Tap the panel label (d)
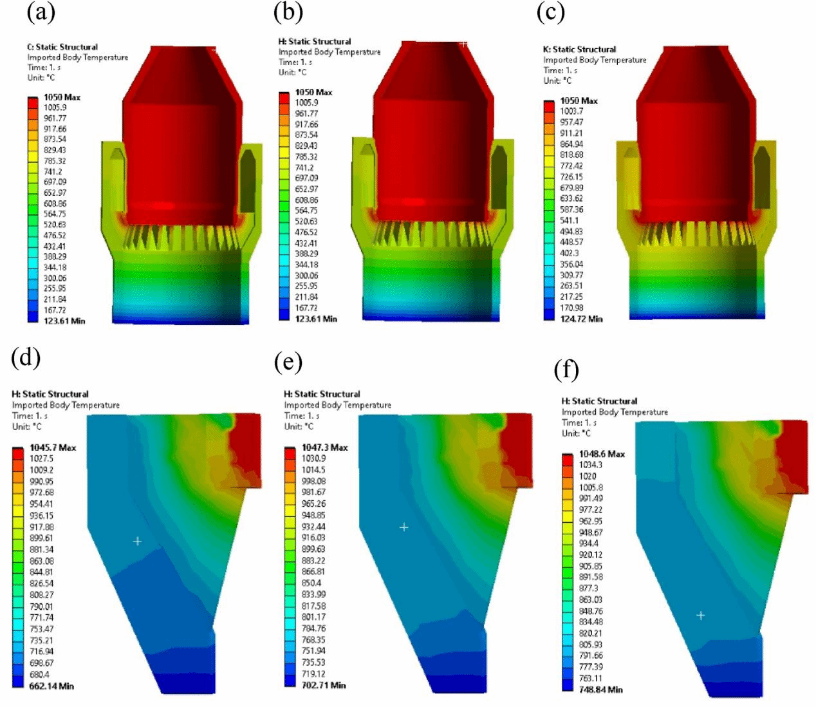click(26, 357)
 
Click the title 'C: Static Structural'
click(62, 47)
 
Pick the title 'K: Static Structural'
click(579, 49)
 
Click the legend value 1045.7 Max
click(53, 448)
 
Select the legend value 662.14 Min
click(51, 686)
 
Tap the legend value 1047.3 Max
click(324, 448)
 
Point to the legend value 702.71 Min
click(324, 685)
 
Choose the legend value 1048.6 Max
click(602, 454)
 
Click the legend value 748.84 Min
click(601, 690)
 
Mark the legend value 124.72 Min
click(581, 319)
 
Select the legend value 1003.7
click(571, 111)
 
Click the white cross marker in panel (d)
click(137, 541)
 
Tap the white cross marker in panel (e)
click(404, 527)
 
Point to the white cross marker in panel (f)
click(701, 616)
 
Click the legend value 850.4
click(311, 583)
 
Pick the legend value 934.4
click(589, 543)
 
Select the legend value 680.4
click(39, 675)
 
